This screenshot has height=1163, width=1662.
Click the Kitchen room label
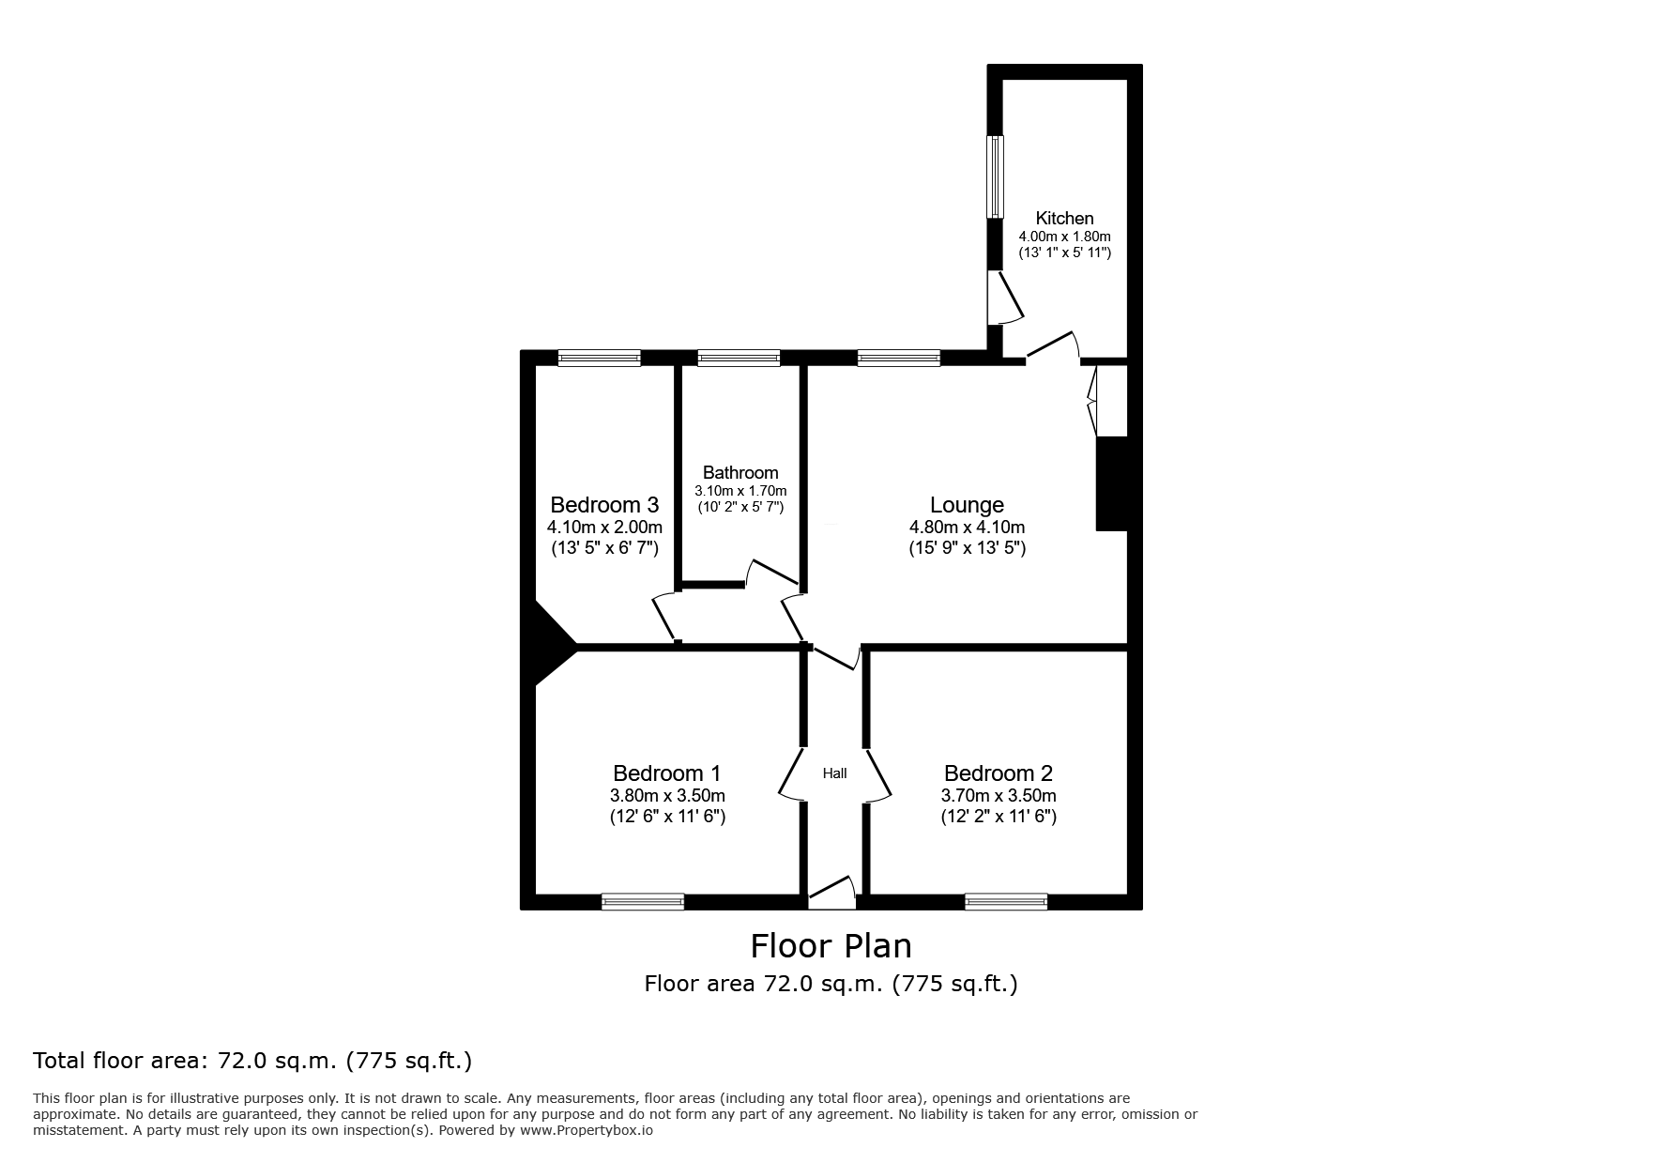(x=1064, y=218)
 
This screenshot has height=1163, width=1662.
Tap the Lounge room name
(x=967, y=505)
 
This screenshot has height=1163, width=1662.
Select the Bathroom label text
(x=740, y=472)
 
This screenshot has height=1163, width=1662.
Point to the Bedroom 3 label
(x=604, y=505)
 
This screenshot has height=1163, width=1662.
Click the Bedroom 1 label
(x=666, y=773)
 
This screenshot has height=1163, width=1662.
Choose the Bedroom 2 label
(x=999, y=773)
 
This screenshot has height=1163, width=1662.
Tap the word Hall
(x=834, y=773)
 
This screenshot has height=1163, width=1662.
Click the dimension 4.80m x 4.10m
(x=967, y=528)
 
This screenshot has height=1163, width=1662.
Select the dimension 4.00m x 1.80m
(x=1064, y=237)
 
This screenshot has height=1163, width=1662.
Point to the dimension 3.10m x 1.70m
(x=740, y=490)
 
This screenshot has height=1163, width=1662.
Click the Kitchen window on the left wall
(x=995, y=177)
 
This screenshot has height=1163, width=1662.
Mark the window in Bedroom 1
(x=643, y=901)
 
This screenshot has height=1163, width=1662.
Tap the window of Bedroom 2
(x=1006, y=901)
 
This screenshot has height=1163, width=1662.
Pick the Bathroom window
(x=739, y=358)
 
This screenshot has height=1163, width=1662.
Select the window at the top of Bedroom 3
(x=599, y=358)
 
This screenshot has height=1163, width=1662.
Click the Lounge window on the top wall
(x=898, y=358)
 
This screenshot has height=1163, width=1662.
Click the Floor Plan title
(x=831, y=945)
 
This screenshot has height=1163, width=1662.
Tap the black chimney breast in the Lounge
(x=1111, y=483)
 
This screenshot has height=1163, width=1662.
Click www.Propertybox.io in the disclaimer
(x=587, y=1131)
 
